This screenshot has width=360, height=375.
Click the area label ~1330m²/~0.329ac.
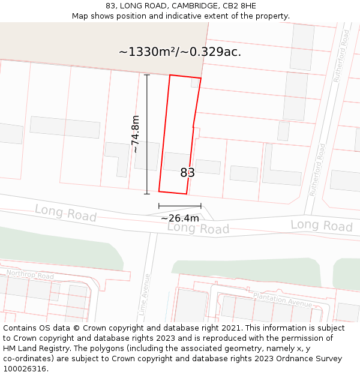click(x=180, y=52)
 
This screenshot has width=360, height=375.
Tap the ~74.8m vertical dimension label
click(x=136, y=134)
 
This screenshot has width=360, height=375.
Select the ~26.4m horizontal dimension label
click(x=179, y=218)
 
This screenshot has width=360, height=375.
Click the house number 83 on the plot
click(x=187, y=173)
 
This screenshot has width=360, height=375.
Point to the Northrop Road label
click(x=30, y=275)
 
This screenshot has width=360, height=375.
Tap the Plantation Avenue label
click(x=282, y=298)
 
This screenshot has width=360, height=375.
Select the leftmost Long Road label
click(x=65, y=213)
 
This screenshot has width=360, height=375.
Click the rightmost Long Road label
click(x=322, y=226)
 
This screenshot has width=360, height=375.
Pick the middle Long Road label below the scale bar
click(x=198, y=229)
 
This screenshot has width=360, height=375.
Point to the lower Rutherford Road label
click(x=317, y=170)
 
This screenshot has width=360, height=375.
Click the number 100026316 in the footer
click(x=25, y=369)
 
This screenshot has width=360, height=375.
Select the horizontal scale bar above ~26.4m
click(x=179, y=206)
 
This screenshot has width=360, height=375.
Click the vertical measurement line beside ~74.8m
click(x=147, y=134)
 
